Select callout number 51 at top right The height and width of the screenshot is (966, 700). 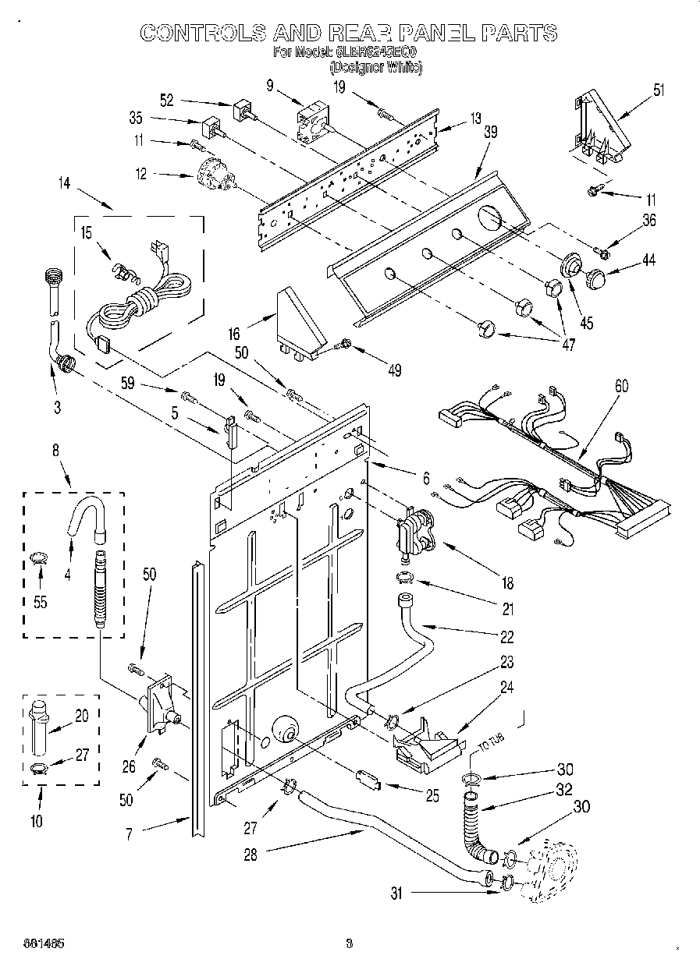pos(659,90)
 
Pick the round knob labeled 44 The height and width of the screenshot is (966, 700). pos(595,277)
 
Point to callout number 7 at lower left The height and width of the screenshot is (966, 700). pos(130,834)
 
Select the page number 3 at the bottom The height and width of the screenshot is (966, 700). pos(350,944)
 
